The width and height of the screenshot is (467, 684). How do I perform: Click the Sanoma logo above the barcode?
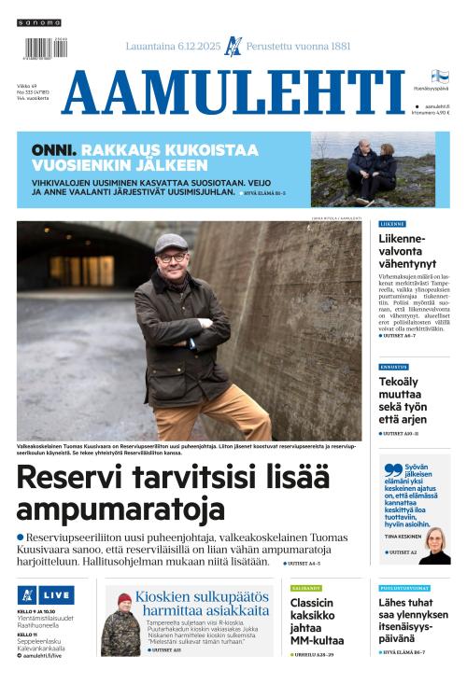[x=38, y=22]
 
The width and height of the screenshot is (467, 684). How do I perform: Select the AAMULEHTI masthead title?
[x=233, y=93]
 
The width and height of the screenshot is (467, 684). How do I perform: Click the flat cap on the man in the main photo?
[x=171, y=243]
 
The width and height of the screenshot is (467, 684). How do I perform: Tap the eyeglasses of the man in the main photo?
[x=171, y=256]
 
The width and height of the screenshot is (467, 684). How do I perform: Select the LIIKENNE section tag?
[x=393, y=224]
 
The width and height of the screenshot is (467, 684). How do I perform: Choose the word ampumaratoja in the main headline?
[x=120, y=510]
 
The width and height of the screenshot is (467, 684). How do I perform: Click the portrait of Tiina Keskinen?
[x=434, y=546]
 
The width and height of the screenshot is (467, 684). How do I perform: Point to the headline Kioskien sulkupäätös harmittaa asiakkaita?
[x=202, y=603]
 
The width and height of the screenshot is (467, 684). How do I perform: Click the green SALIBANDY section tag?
[x=305, y=588]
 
